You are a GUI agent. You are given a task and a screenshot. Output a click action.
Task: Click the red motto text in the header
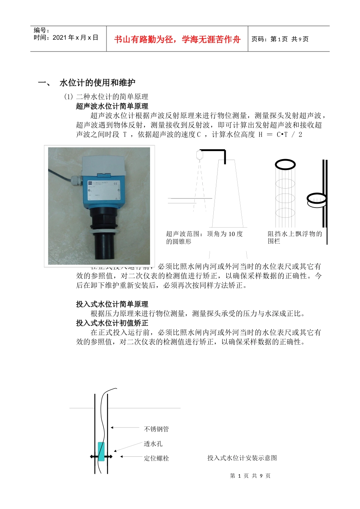point(177,39)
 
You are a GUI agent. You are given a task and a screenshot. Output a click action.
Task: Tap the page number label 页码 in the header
point(260,39)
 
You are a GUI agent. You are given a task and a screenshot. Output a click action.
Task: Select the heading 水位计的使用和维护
point(97,83)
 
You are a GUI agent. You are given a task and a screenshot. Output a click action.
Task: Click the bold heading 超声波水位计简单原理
point(112,106)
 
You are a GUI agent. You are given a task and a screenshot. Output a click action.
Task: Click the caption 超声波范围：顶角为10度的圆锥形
point(204,237)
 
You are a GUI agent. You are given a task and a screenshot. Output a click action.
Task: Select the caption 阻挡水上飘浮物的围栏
point(294,237)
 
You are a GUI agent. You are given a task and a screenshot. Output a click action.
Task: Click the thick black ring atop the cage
point(285,164)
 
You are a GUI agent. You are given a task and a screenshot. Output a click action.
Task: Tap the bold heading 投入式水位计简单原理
point(112,304)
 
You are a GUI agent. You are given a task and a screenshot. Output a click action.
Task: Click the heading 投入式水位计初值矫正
point(112,323)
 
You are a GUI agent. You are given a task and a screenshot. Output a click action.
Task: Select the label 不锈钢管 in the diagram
point(157,429)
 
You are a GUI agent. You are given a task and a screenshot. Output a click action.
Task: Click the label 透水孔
point(153,444)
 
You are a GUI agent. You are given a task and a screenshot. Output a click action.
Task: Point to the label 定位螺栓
point(157,458)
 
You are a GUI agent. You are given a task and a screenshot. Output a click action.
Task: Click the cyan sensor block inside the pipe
point(101,451)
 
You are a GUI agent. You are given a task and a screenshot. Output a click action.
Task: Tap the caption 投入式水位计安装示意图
point(242,458)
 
